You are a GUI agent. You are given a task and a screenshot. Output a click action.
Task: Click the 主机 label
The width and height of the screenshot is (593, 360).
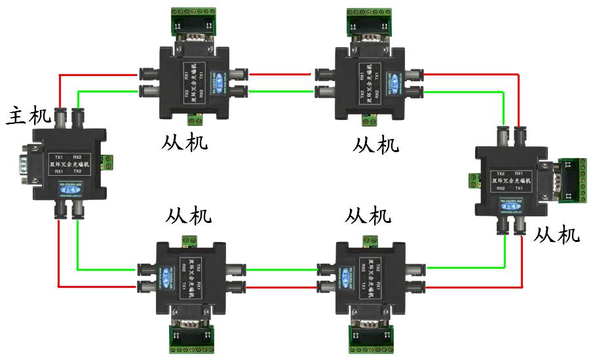[x=28, y=116]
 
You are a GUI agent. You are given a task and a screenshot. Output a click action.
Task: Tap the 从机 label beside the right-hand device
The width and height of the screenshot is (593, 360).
[x=557, y=234]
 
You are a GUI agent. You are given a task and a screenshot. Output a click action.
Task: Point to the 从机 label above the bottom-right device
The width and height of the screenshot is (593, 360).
[x=368, y=215]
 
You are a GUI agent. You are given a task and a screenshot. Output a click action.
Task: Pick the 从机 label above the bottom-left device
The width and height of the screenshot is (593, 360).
[x=189, y=215]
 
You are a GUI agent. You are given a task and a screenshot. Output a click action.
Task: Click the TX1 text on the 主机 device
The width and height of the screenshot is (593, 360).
[x=60, y=157]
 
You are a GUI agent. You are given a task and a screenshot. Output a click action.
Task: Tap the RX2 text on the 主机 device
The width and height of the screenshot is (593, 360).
[x=77, y=157]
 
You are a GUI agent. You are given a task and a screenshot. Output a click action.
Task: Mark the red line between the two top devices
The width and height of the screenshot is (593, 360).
[x=282, y=74]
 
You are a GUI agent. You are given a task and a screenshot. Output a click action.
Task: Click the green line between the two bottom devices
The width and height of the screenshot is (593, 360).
[x=282, y=268]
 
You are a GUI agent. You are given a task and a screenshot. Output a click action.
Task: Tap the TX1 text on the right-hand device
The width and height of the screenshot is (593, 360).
[x=519, y=188]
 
